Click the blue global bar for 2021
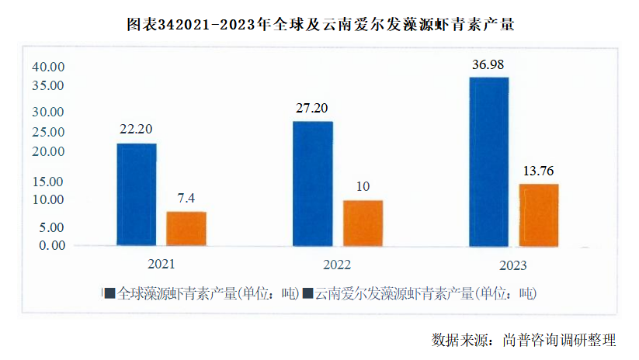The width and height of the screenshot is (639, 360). coord(137,195)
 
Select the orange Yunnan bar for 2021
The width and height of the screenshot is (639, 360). coord(186,228)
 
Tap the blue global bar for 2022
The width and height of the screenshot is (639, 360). coord(313,183)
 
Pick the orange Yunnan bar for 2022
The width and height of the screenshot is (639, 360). coord(363,223)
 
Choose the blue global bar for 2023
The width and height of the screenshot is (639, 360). coord(489,161)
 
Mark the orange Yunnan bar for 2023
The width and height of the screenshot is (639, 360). coord(539,215)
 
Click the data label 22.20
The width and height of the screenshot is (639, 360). coord(135,129)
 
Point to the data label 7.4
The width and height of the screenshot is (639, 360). coord(186,198)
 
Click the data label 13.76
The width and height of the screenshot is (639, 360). coord(539,171)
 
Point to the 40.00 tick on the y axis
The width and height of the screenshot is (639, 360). coord(48,67)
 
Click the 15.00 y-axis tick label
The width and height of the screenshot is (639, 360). coord(48,182)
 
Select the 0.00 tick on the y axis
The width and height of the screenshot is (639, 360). coord(51,245)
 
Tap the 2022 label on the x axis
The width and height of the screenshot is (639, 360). coord(337,264)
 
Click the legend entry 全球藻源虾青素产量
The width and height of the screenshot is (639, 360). coord(201,294)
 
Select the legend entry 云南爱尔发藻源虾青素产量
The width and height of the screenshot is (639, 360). coord(419,294)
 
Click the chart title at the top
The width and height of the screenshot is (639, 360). coord(321,25)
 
